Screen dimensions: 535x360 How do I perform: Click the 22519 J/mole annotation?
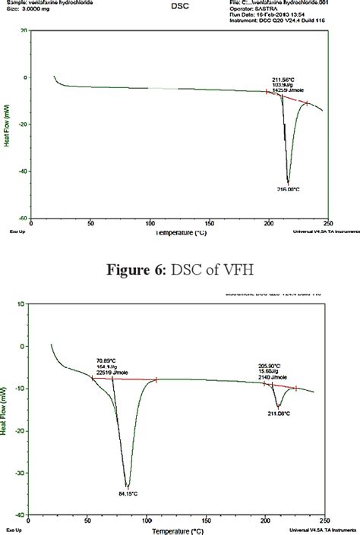click(69, 371)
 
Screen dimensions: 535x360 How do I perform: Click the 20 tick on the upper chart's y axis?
click(24, 30)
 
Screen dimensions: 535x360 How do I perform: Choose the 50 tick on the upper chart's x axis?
click(90, 224)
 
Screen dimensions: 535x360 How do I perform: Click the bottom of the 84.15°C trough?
click(128, 487)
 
